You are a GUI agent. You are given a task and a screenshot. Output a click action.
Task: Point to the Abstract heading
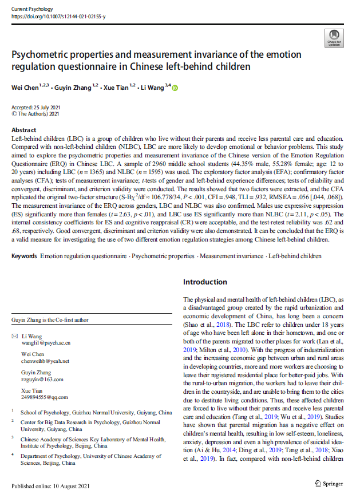click(x=24, y=130)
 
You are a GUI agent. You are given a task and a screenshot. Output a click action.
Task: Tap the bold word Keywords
click(x=25, y=256)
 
